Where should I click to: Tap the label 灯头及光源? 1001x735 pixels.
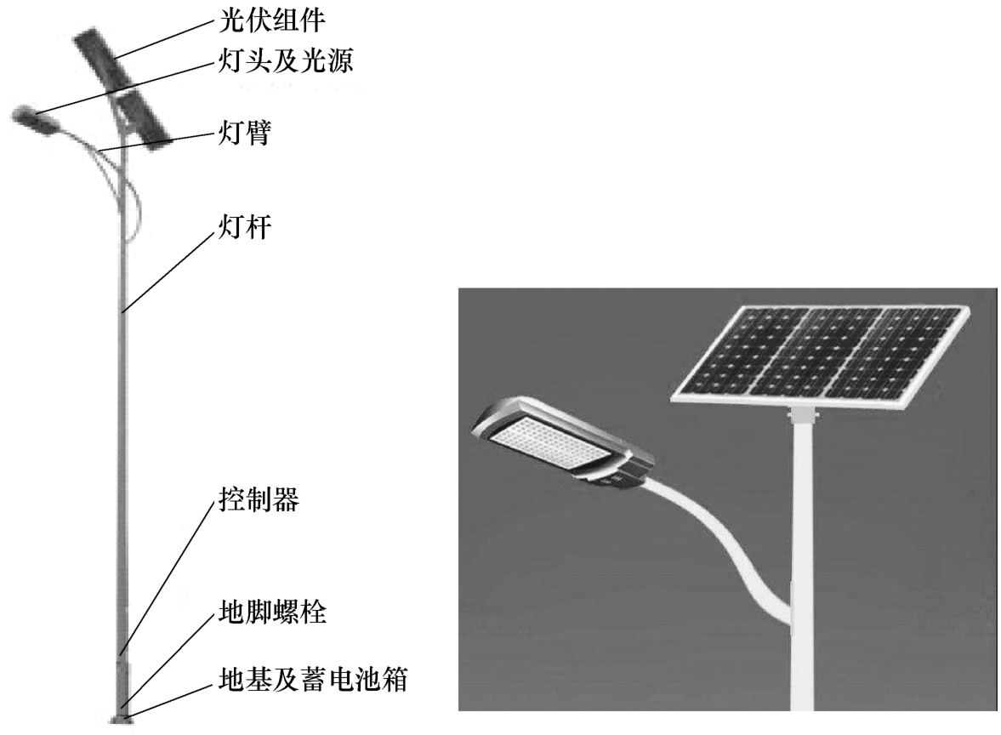281,61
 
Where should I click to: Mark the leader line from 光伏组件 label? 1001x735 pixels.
162,37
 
